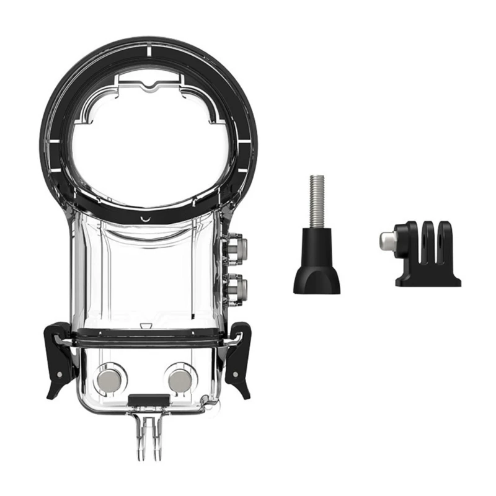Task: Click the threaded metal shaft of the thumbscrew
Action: click(316, 199)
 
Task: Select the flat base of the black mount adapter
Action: click(428, 280)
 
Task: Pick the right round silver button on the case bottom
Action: click(180, 379)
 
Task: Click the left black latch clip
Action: click(60, 360)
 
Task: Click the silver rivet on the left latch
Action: click(60, 374)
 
